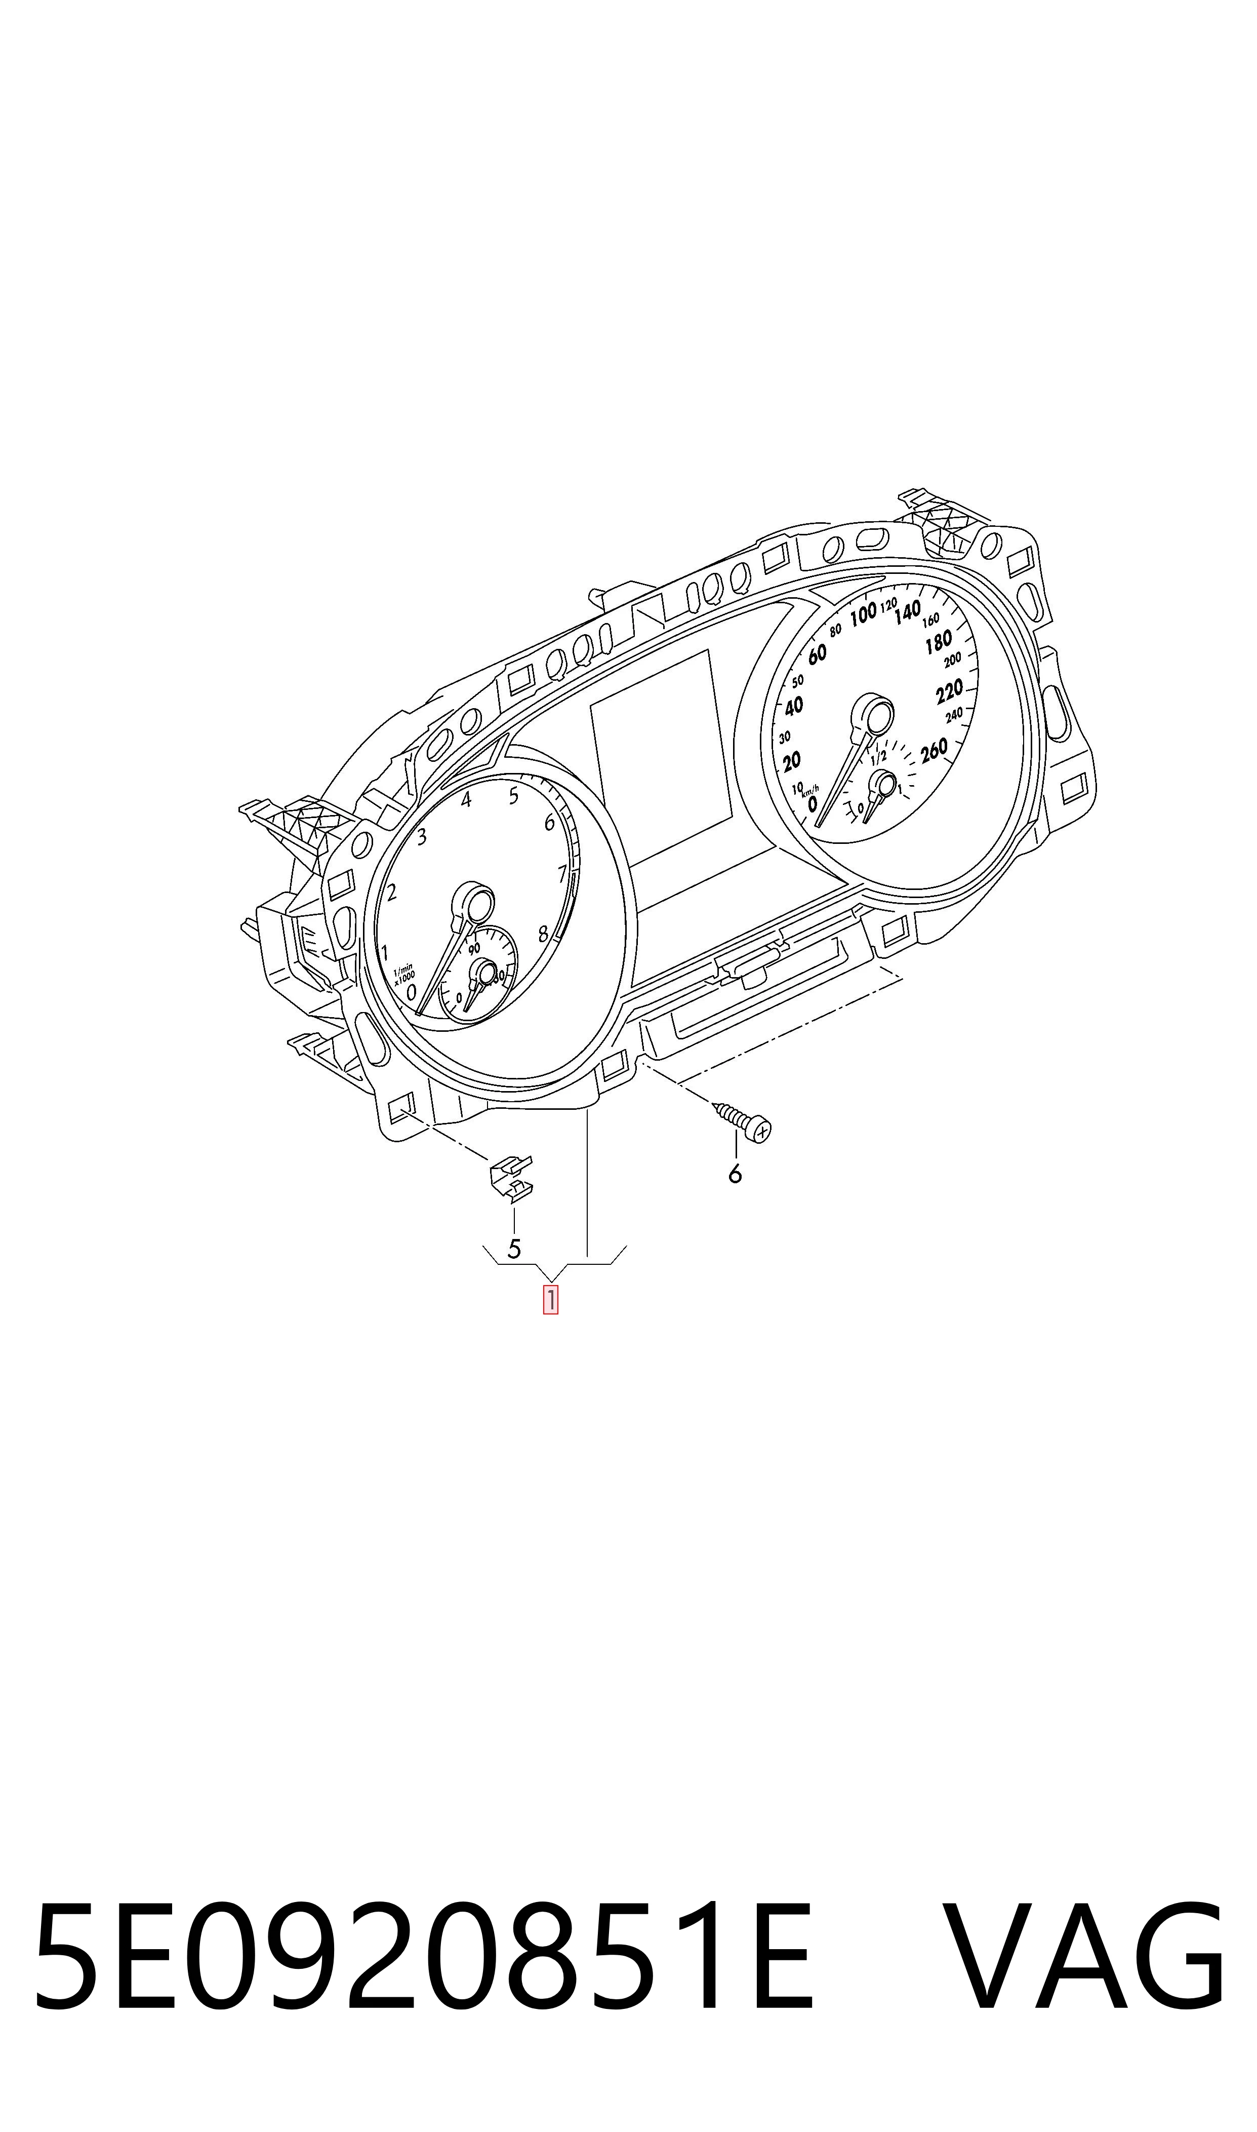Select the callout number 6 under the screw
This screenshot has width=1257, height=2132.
(x=735, y=1174)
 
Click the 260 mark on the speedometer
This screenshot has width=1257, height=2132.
(x=934, y=751)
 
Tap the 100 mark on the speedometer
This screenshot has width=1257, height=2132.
(x=863, y=614)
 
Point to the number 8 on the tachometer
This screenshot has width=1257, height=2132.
(x=543, y=935)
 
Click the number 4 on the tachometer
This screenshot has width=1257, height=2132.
(x=466, y=799)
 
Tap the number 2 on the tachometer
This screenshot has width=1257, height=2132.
(x=391, y=891)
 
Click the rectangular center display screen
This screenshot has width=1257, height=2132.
(x=662, y=758)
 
